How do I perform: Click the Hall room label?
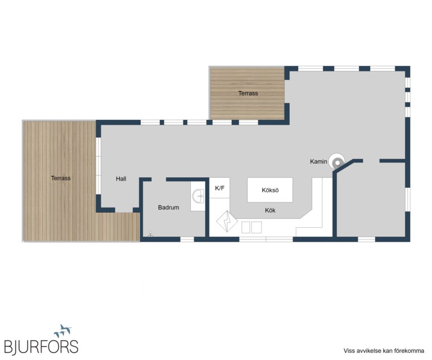click(x=121, y=179)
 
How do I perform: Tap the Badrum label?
click(x=168, y=208)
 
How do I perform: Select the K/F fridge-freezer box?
click(x=219, y=188)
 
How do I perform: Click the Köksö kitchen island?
click(x=270, y=190)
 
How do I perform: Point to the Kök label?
click(x=270, y=210)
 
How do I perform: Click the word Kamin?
click(x=318, y=161)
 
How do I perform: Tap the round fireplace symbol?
click(x=337, y=161)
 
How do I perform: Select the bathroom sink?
click(x=198, y=196)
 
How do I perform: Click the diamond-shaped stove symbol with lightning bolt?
click(x=227, y=221)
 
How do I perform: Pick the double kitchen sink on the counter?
click(x=251, y=227)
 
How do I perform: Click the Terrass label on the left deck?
click(x=61, y=178)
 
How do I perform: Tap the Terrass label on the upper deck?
click(x=248, y=93)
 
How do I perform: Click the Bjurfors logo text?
click(x=41, y=346)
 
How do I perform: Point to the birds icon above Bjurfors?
click(x=63, y=331)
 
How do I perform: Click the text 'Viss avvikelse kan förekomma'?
click(x=384, y=350)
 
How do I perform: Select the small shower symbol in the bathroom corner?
click(x=150, y=234)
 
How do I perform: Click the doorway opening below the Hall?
click(x=124, y=210)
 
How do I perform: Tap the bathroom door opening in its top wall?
click(x=159, y=179)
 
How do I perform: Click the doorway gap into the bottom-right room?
click(x=371, y=161)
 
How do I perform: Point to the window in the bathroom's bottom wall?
click(x=187, y=240)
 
